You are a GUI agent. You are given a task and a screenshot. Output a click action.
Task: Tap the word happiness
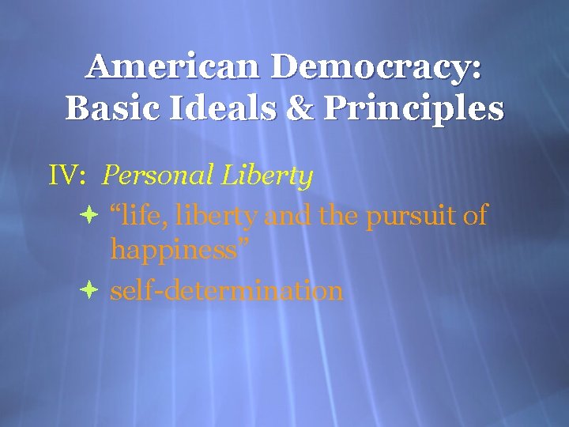(173, 252)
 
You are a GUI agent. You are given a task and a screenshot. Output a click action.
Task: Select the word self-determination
(227, 291)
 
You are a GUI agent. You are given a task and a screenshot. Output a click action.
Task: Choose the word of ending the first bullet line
(475, 214)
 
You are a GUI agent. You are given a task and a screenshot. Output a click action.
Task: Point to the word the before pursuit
(339, 214)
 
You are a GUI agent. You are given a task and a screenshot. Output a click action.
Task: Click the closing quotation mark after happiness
(244, 244)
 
